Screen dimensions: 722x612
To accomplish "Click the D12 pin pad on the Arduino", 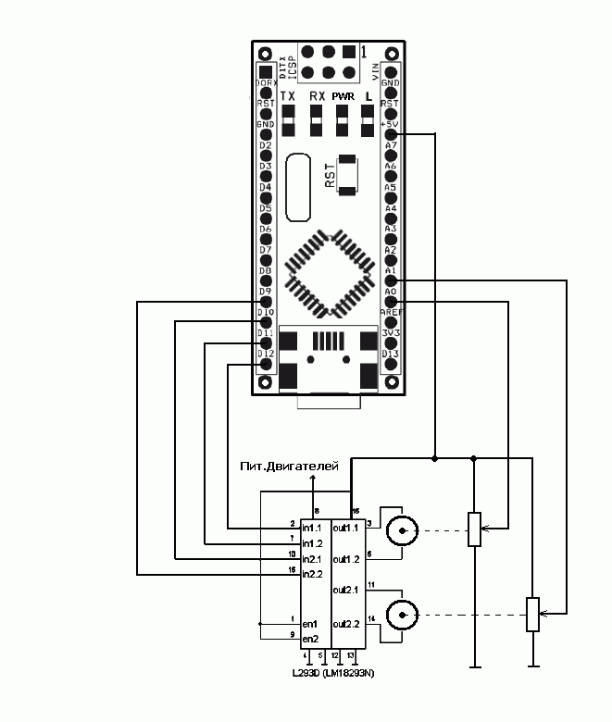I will (x=267, y=364).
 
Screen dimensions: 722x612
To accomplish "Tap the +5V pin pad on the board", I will (x=391, y=134).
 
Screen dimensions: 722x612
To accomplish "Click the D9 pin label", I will (x=265, y=292).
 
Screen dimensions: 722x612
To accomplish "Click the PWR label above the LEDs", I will (x=343, y=96).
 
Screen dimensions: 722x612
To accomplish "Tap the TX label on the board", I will (x=288, y=96).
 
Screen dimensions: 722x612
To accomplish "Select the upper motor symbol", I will (x=402, y=531).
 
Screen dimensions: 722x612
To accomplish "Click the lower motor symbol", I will (x=402, y=613).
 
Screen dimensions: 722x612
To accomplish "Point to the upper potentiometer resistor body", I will (x=474, y=529).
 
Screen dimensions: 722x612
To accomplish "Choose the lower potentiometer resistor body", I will (x=533, y=614).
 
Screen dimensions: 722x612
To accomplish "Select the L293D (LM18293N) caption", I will (x=334, y=673).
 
